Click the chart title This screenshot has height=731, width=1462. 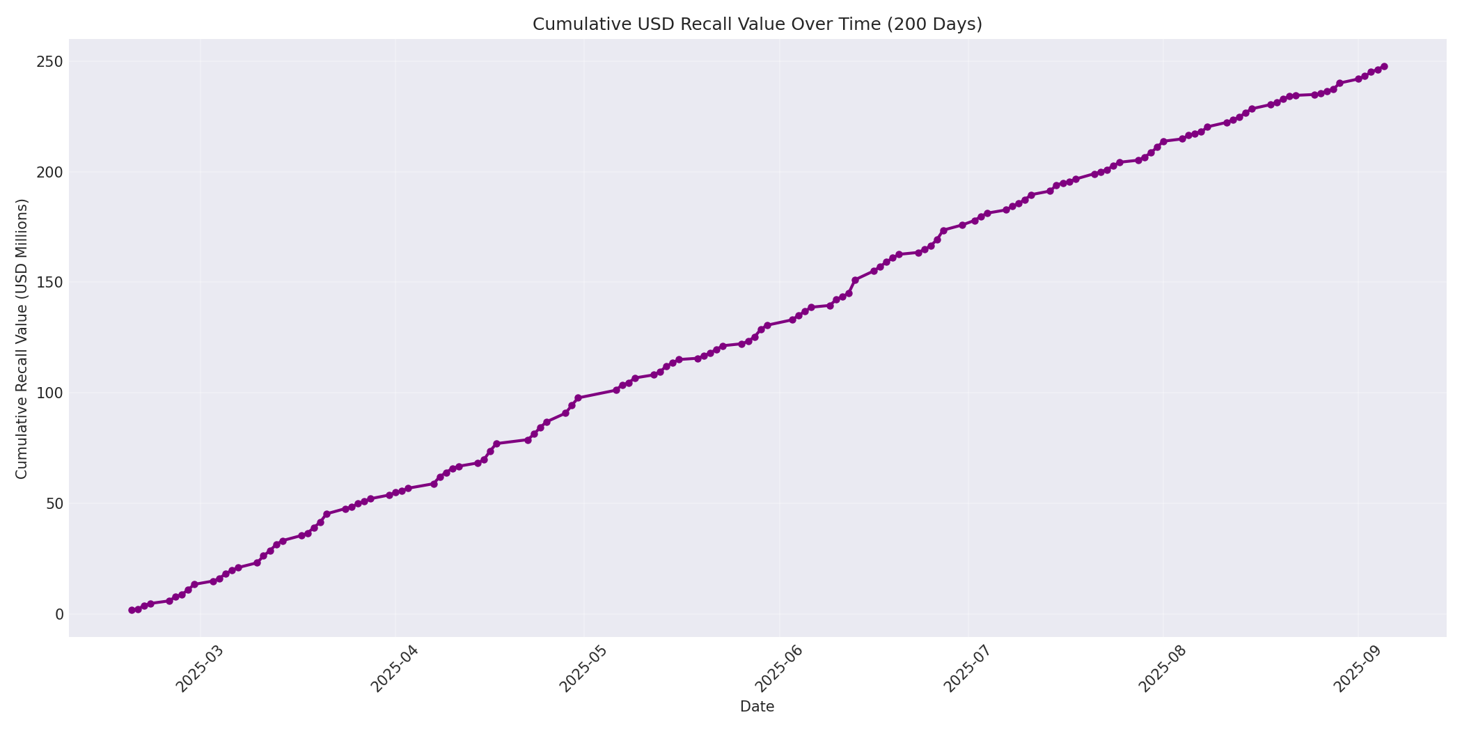757,24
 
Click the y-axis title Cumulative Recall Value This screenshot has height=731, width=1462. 22,338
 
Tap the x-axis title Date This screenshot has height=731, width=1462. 757,707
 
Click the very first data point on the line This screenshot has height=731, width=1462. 132,610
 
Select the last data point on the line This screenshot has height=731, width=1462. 1383,67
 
